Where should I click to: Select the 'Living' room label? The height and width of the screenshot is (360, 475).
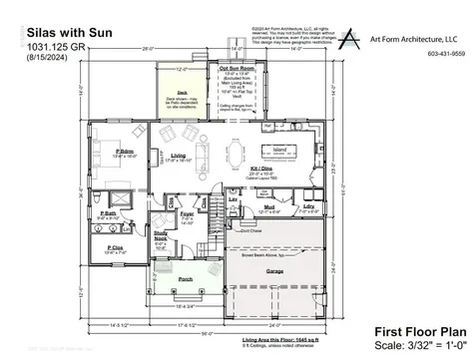pyautogui.click(x=178, y=155)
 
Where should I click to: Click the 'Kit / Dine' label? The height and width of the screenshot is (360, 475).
pyautogui.click(x=264, y=170)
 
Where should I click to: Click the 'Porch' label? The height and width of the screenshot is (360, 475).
pyautogui.click(x=185, y=279)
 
